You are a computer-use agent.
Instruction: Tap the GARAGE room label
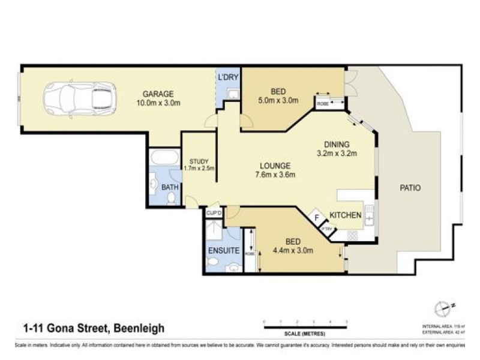(158, 94)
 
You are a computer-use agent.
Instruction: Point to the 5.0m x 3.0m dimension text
(278, 100)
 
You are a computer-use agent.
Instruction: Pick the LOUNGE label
(275, 166)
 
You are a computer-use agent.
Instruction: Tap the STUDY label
(198, 161)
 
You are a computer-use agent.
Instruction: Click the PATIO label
(410, 188)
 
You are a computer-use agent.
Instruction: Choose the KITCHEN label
(345, 215)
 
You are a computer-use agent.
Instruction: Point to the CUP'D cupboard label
(213, 213)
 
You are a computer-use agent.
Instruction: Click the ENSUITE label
(224, 250)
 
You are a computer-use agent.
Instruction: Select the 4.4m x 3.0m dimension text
(293, 250)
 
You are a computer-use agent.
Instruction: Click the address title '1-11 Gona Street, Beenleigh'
(93, 328)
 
